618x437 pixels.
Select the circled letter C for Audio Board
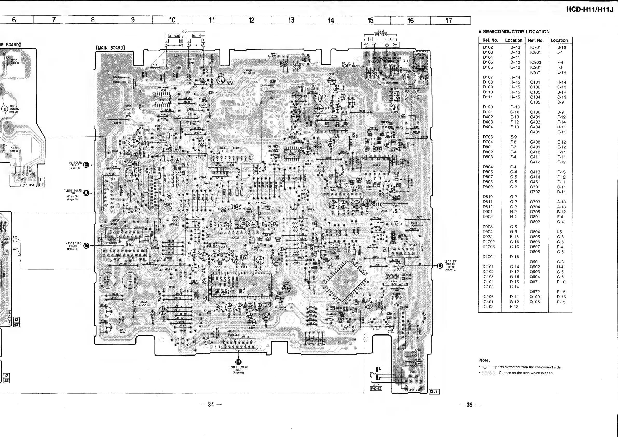pyautogui.click(x=86, y=246)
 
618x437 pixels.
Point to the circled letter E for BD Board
pyautogui.click(x=86, y=165)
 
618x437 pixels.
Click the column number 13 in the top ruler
pyautogui.click(x=291, y=20)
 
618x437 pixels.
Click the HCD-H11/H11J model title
pyautogui.click(x=589, y=9)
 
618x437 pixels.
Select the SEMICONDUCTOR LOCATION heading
pyautogui.click(x=516, y=32)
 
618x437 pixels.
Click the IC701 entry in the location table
pyautogui.click(x=535, y=47)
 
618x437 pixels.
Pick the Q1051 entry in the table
pyautogui.click(x=536, y=302)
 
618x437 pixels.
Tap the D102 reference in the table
pyautogui.click(x=488, y=47)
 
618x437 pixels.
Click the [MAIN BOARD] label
pyautogui.click(x=110, y=48)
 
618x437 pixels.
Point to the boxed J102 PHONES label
pyautogui.click(x=376, y=387)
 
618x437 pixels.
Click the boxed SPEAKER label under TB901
pyautogui.click(x=380, y=35)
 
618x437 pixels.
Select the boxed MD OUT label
pyautogui.click(x=174, y=36)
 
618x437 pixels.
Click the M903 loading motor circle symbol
pyautogui.click(x=5, y=109)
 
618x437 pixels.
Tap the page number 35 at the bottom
pyautogui.click(x=470, y=405)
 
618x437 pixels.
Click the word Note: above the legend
pyautogui.click(x=484, y=360)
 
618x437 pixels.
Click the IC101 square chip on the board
pyautogui.click(x=346, y=282)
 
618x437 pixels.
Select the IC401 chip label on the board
pyautogui.click(x=254, y=284)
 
